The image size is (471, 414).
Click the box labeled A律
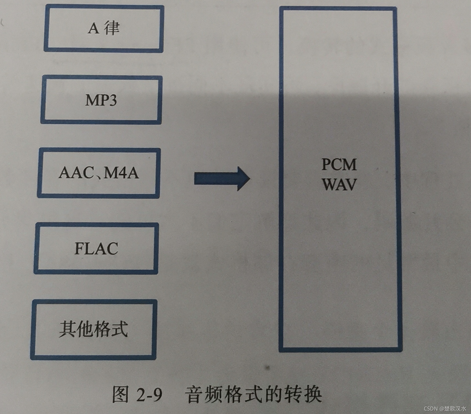click(104, 28)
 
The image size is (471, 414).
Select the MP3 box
click(101, 100)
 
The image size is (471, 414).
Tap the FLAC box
click(96, 248)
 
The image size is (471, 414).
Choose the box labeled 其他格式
click(93, 329)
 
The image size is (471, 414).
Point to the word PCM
click(339, 164)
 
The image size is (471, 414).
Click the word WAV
click(340, 184)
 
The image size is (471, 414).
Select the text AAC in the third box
click(76, 173)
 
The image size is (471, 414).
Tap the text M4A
click(121, 173)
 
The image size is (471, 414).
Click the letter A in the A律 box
click(93, 28)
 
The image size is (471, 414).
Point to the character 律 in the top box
click(112, 28)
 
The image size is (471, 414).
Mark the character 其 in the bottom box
click(67, 329)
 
